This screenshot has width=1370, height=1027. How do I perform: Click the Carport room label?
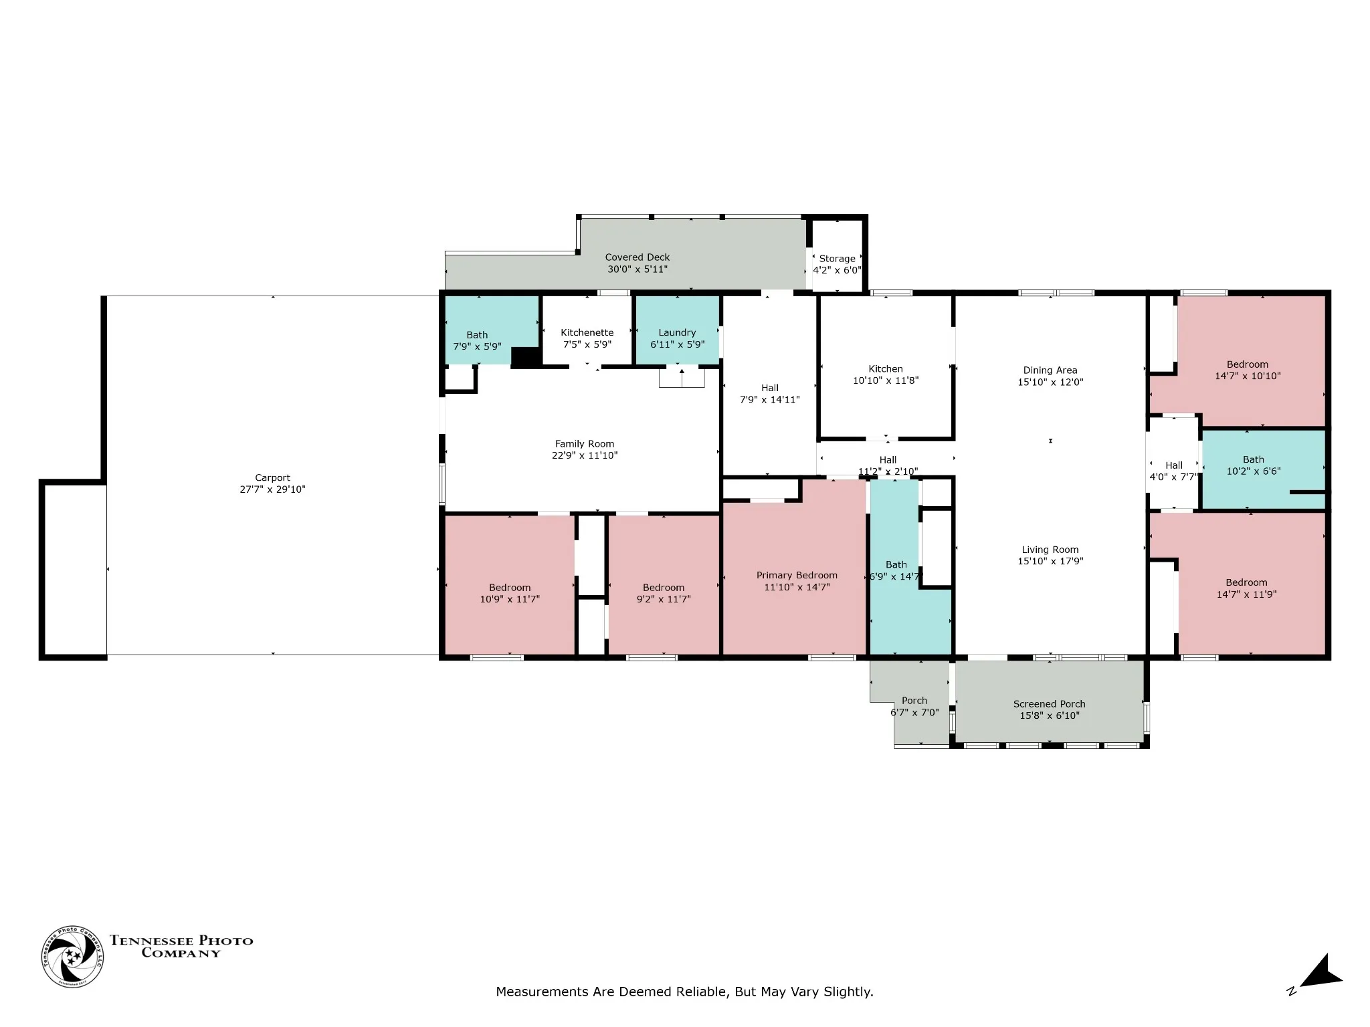272,478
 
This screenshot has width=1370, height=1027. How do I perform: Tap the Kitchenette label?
587,333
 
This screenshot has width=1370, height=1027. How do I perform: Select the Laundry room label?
677,333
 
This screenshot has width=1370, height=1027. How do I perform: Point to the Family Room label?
584,444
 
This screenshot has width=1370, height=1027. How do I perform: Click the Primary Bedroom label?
797,576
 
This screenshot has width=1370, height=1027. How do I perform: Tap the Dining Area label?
1050,370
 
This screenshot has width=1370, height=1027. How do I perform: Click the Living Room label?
1050,550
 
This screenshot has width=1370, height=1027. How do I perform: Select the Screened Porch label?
1049,704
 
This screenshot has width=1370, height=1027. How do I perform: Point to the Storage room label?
837,259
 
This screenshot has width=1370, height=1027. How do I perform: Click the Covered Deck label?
638,257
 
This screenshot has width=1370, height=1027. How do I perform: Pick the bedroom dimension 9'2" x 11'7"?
664,600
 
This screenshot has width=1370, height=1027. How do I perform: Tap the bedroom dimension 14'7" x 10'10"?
1248,376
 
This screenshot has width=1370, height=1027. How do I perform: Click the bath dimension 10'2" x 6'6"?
1254,471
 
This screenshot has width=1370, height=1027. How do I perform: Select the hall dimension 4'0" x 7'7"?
1174,477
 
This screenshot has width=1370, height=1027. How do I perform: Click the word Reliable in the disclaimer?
700,992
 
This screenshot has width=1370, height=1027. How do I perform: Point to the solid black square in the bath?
526,357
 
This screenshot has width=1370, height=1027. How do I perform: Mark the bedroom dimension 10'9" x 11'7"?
510,600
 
